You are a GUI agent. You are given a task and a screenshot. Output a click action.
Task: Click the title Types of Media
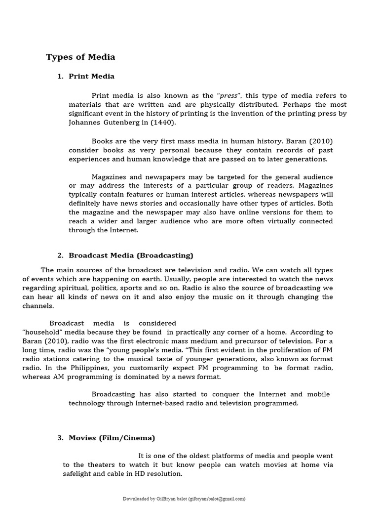tap(80, 57)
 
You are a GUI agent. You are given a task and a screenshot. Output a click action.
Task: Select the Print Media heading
tap(91, 76)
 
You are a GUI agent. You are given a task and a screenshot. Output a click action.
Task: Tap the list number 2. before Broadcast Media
tap(60, 255)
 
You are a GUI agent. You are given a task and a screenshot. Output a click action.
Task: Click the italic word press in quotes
tap(228, 96)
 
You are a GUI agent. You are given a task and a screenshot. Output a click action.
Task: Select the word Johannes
tap(83, 123)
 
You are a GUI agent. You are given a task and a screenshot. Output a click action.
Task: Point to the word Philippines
tap(76, 368)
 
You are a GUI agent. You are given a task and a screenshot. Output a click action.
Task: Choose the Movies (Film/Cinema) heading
tap(112, 438)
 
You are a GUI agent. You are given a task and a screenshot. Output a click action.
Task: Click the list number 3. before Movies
tap(60, 438)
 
